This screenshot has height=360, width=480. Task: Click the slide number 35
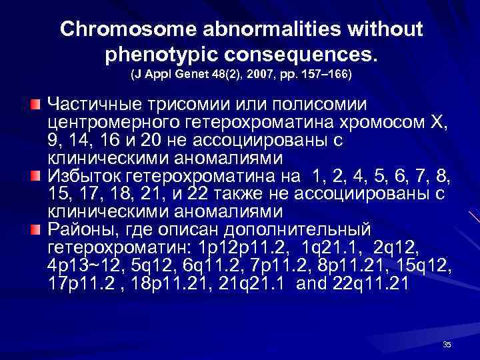(447, 344)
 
